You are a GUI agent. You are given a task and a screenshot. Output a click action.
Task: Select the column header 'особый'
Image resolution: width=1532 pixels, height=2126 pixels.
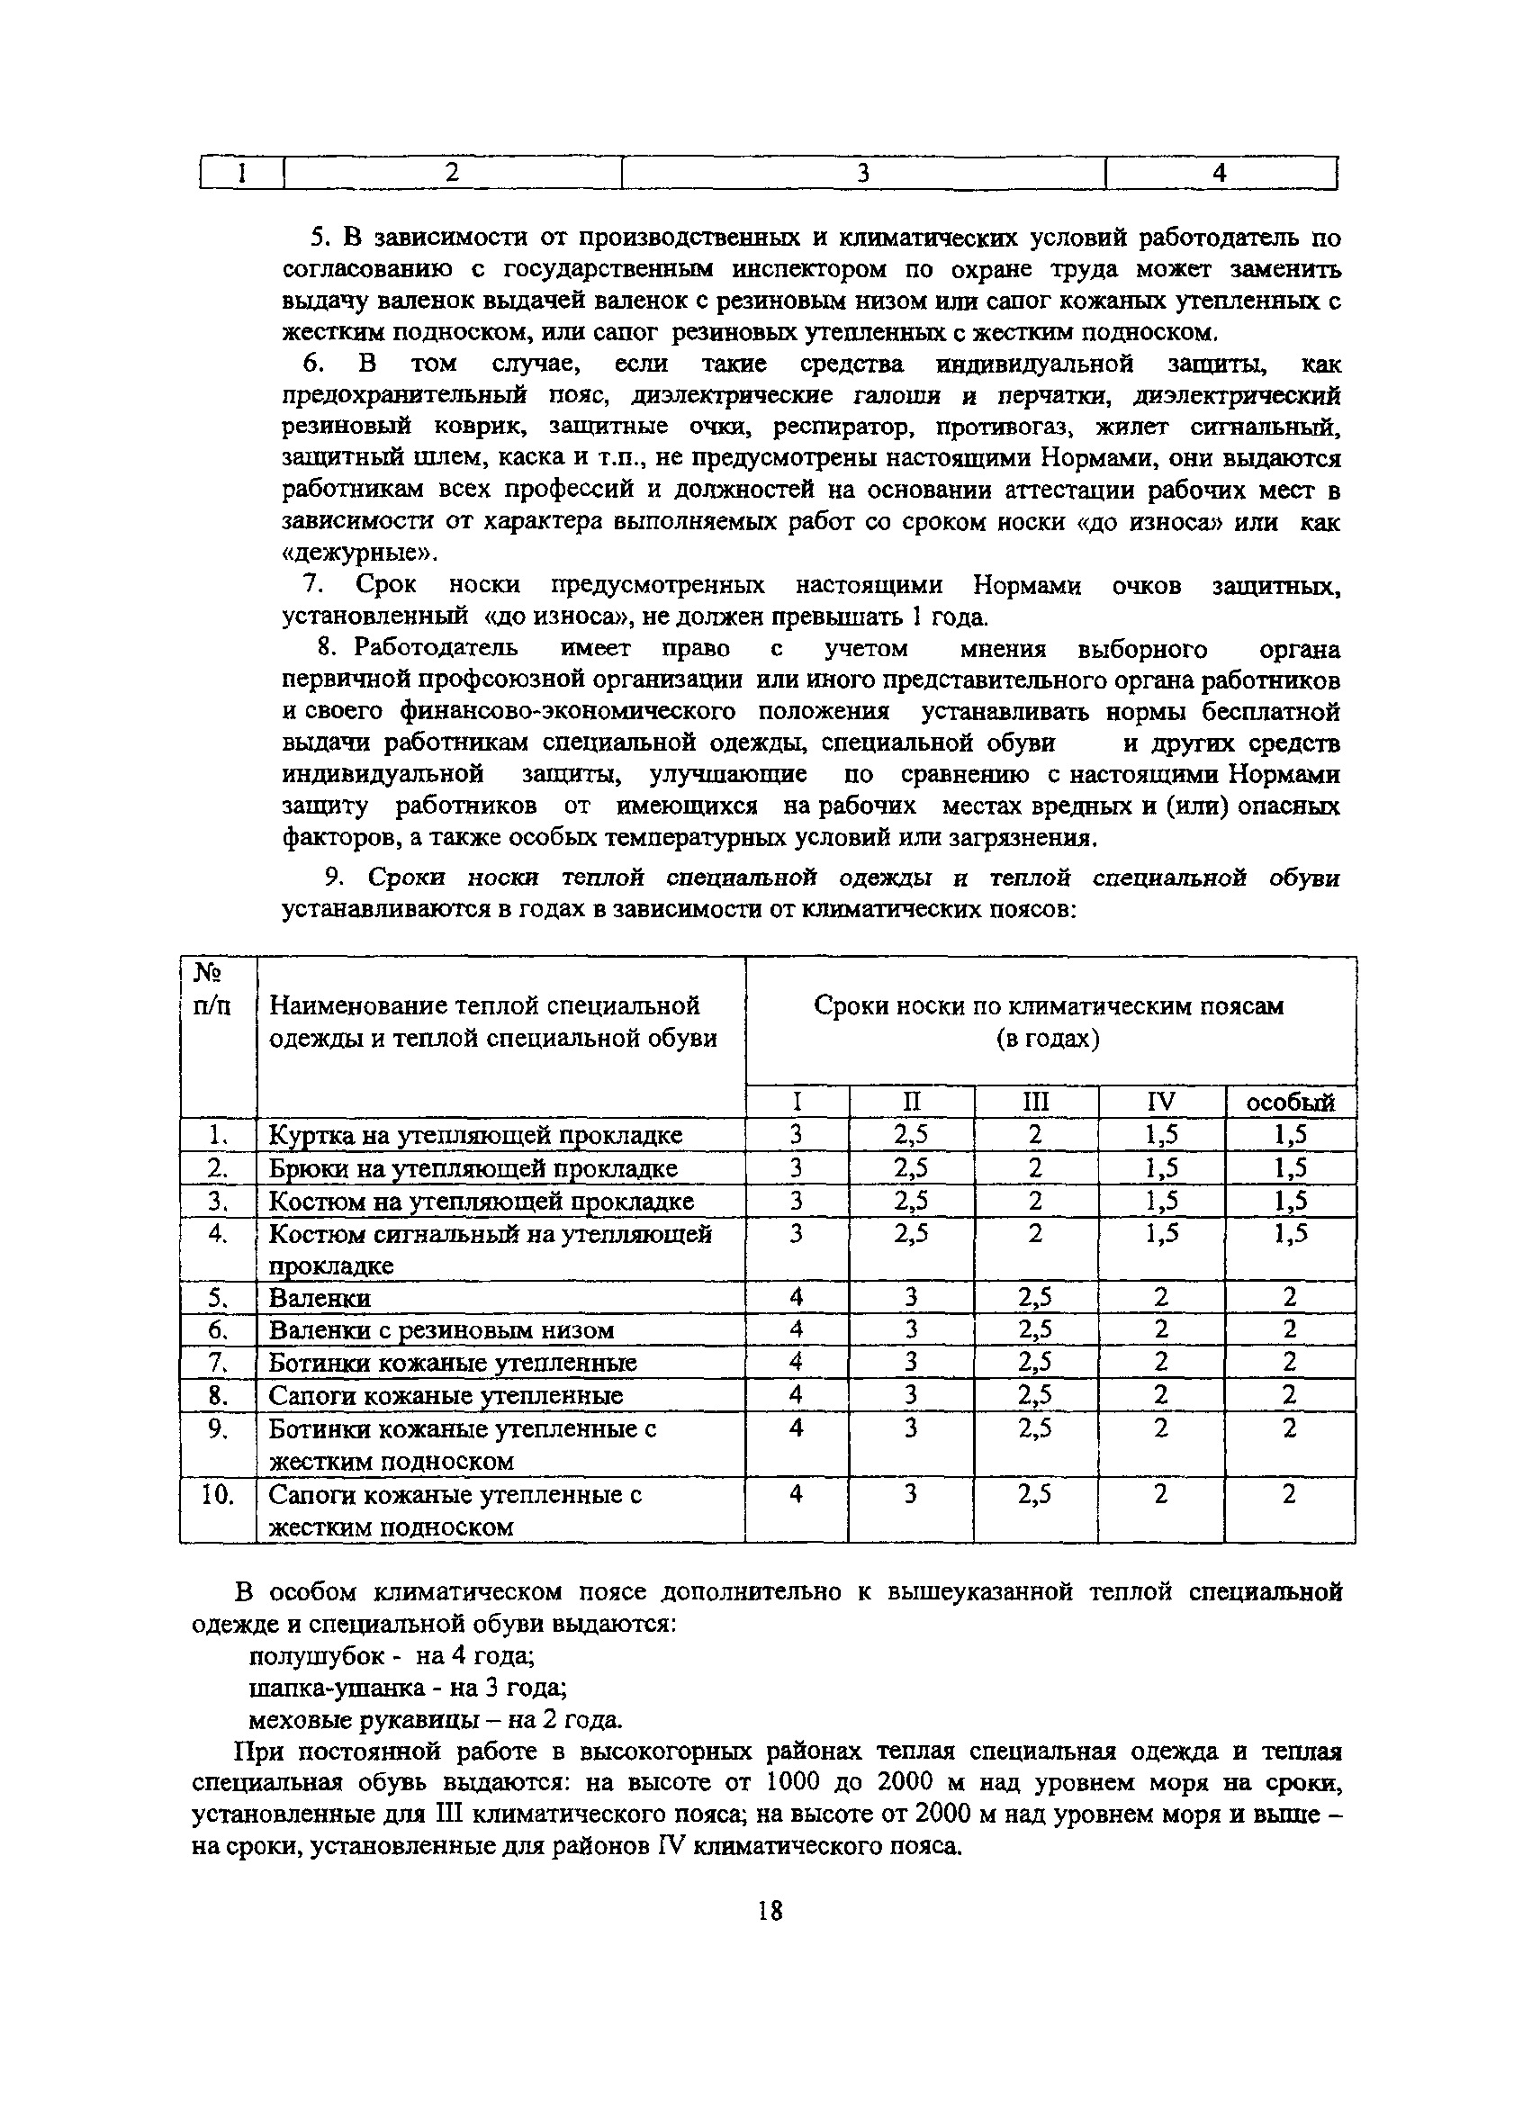(1290, 1103)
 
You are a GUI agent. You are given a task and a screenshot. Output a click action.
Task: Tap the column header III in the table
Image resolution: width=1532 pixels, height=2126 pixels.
(1035, 1102)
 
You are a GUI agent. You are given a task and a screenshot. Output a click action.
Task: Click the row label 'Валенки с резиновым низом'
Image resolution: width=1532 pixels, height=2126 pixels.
(441, 1330)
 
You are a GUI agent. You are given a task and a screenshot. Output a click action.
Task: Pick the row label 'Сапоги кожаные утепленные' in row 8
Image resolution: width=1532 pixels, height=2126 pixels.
(446, 1396)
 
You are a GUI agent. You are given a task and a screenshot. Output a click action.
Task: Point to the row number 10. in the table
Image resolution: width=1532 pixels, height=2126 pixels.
(218, 1494)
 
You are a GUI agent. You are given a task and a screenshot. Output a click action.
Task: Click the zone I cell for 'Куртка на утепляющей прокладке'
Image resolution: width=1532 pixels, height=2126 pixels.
(796, 1135)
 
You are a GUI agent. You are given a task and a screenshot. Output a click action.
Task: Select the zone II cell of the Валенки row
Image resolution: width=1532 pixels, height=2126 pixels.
(910, 1297)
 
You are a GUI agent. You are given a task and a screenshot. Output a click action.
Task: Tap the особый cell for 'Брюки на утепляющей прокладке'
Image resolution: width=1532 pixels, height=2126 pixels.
(1290, 1168)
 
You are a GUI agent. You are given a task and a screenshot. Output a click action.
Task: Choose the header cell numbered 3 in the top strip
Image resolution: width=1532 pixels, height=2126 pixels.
(862, 174)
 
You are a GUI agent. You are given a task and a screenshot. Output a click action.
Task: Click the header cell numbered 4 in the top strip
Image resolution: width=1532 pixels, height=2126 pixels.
(1219, 174)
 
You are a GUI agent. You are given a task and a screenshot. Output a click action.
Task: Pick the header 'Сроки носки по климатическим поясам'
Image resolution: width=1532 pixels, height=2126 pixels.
(1049, 1005)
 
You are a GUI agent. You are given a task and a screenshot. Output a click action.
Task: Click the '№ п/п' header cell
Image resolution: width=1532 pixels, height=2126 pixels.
(212, 990)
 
